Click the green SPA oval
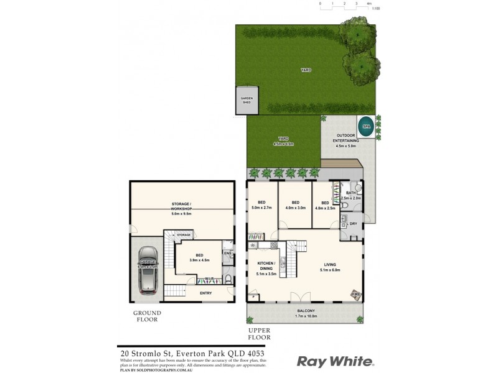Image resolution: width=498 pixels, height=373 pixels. tap(365, 123)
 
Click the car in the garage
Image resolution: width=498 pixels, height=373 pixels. tap(148, 269)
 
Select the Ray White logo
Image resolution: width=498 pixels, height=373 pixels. tap(335, 361)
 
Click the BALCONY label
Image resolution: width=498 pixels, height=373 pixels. tap(306, 313)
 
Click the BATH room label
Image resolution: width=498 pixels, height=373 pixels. tap(350, 195)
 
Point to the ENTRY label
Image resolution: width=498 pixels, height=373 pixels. tap(206, 292)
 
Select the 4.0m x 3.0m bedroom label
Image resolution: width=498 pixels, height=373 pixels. tap(295, 205)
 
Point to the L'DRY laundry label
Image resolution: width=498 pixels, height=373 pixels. tap(351, 223)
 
